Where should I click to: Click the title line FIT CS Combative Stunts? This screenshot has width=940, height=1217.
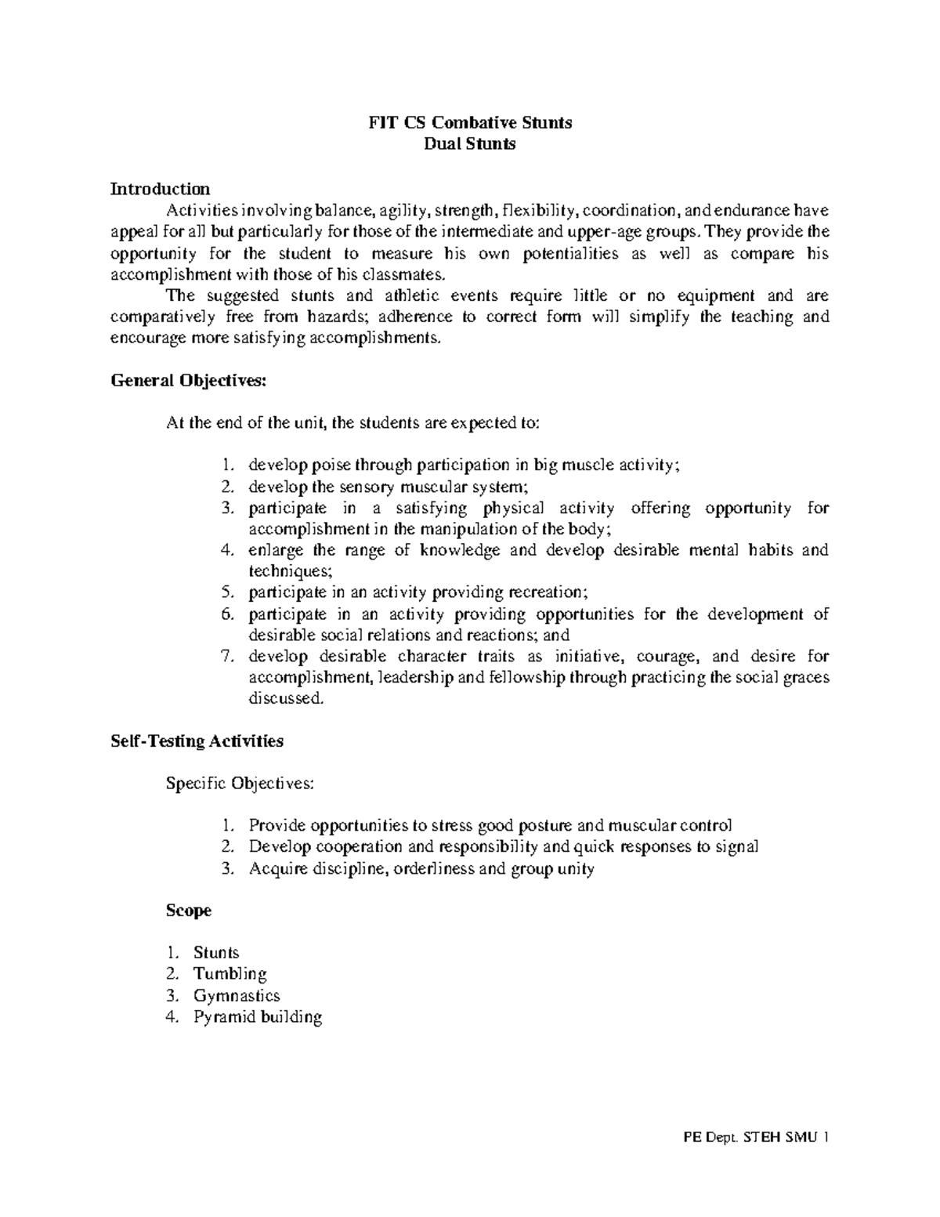470,122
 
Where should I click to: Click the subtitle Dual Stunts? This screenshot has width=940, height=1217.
470,143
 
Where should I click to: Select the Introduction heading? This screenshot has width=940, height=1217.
160,189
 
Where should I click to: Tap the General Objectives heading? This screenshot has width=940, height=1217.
189,381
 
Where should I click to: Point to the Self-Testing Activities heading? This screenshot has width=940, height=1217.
197,741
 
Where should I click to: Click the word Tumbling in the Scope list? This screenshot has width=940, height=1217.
230,974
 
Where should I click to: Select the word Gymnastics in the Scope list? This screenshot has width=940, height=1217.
237,996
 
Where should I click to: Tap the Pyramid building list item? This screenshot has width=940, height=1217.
258,1017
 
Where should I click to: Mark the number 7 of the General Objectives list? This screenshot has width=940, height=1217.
226,657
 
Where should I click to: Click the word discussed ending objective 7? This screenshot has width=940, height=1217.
284,698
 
